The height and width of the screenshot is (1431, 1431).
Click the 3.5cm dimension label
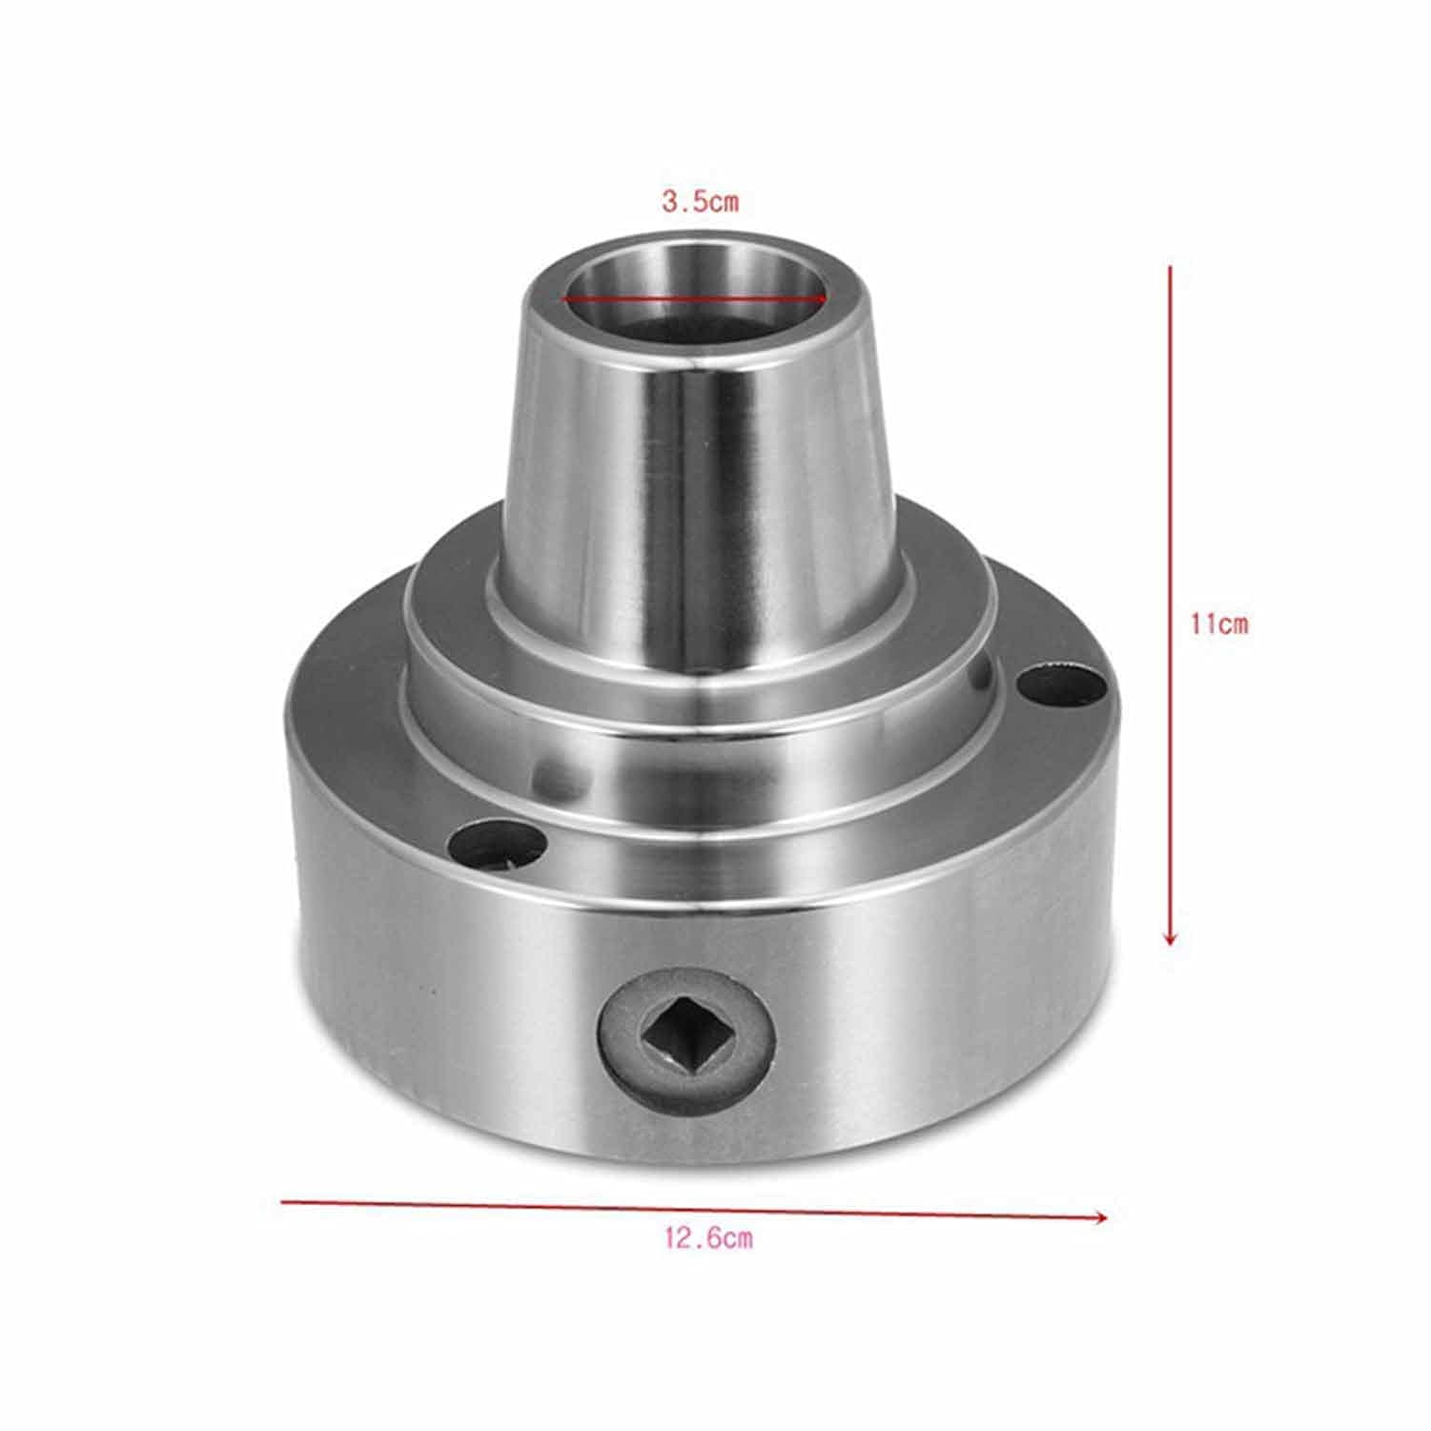point(700,202)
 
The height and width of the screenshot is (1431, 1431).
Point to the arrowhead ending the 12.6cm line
point(1102,1216)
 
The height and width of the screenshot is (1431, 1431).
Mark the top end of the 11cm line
point(1170,269)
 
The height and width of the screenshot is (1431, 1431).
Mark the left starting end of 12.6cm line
point(283,1202)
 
